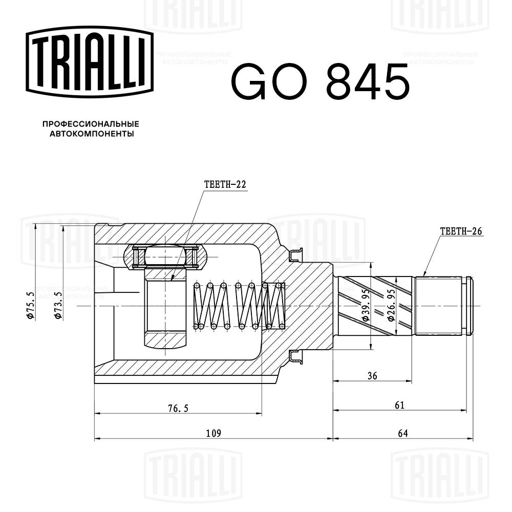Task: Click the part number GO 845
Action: coord(321,82)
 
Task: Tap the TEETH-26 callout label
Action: coord(461,231)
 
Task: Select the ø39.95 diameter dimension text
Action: coord(366,306)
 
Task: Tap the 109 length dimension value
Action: coord(213,433)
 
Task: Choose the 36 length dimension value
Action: coord(372,376)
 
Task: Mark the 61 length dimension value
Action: coord(400,406)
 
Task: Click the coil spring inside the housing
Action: coord(239,306)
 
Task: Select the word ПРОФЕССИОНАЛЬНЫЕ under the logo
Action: coord(90,124)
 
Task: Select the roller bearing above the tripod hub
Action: coord(166,257)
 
